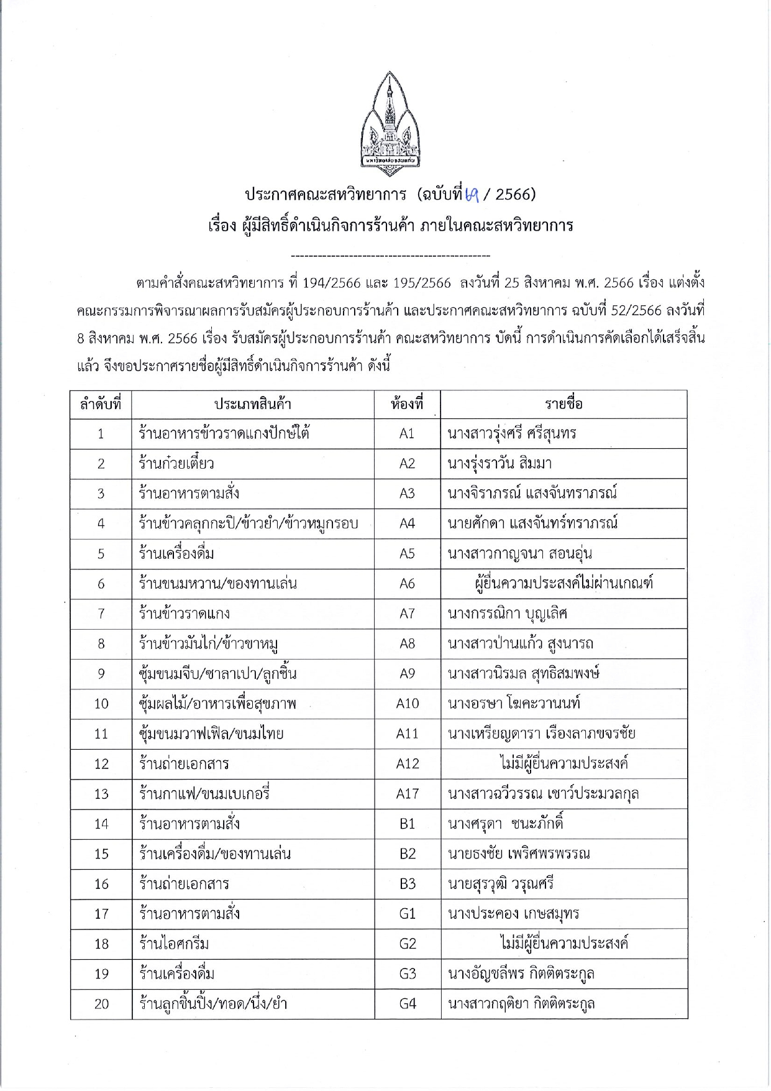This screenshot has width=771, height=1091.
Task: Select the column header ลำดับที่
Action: tap(101, 405)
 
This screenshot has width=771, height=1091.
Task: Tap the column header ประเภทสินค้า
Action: tap(252, 405)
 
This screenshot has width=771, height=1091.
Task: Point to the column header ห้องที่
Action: tap(407, 405)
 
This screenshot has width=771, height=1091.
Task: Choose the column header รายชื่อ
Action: tap(563, 405)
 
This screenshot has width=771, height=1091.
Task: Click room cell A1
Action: tap(407, 434)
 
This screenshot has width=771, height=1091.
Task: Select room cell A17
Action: tap(408, 794)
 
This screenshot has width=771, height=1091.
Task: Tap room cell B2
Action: tap(408, 854)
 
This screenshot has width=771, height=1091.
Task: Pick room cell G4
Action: tap(408, 1004)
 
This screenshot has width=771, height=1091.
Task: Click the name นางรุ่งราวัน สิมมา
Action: tap(500, 464)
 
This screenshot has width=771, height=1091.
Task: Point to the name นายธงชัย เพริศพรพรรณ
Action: tap(519, 854)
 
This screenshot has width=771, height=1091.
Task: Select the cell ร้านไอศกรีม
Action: tap(174, 944)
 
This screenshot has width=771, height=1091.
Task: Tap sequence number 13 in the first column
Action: tap(101, 794)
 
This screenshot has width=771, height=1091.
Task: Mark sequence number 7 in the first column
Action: tap(101, 614)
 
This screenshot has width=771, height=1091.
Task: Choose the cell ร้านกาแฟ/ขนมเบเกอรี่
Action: tap(204, 794)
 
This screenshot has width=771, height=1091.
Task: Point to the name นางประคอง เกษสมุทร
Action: tap(513, 914)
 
